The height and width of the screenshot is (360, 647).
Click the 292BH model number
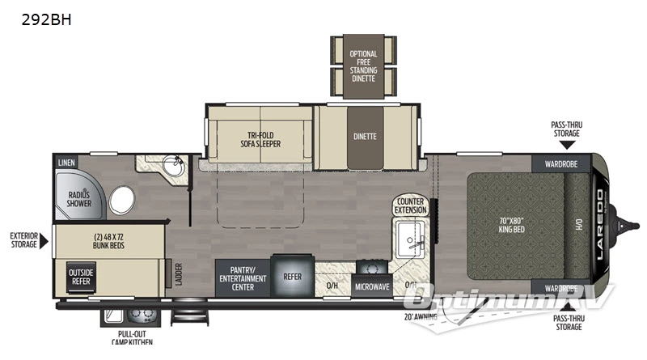pyautogui.click(x=48, y=19)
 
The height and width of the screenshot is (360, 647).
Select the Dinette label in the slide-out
pyautogui.click(x=364, y=136)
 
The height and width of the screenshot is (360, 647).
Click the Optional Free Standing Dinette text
pyautogui.click(x=363, y=65)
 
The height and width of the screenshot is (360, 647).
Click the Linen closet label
pyautogui.click(x=66, y=162)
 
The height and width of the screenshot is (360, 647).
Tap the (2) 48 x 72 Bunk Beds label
pyautogui.click(x=107, y=240)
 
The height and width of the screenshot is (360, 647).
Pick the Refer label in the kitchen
pyautogui.click(x=292, y=276)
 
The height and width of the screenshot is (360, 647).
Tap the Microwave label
pyautogui.click(x=372, y=286)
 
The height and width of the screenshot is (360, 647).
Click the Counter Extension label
pyautogui.click(x=411, y=205)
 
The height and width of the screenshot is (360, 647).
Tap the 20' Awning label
pyautogui.click(x=423, y=316)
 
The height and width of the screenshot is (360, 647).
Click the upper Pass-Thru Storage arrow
pyautogui.click(x=567, y=145)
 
